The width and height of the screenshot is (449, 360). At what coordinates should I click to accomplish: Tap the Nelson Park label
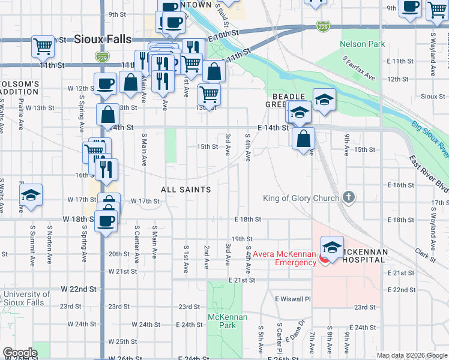[362, 44]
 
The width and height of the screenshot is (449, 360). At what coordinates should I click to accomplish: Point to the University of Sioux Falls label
[26, 298]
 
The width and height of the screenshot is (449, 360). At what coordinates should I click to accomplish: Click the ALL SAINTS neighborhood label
[186, 190]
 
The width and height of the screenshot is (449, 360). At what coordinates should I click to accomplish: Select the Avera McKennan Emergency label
[284, 258]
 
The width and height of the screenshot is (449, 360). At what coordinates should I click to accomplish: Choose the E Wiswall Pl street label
[293, 299]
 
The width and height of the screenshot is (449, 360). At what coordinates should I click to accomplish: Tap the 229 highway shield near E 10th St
[323, 26]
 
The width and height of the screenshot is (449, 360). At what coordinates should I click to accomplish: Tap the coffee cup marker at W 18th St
[106, 220]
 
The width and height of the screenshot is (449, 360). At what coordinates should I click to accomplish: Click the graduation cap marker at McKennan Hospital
[332, 246]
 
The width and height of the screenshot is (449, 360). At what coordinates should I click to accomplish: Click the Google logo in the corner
[20, 353]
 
